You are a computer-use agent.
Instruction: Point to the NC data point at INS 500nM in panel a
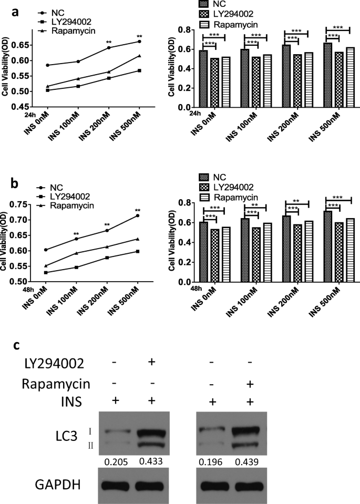coord(139,42)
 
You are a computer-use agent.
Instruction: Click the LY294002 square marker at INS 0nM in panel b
coord(47,273)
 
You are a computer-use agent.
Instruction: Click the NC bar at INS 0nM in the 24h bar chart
coord(203,79)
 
